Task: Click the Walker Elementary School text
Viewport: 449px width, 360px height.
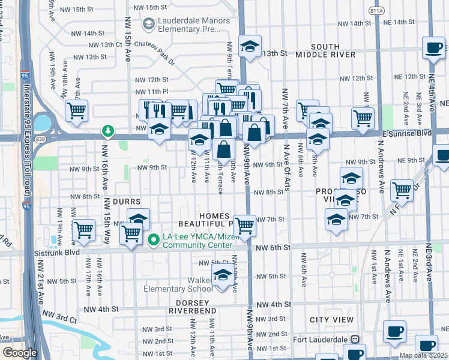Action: click(178, 284)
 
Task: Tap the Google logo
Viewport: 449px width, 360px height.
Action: click(20, 352)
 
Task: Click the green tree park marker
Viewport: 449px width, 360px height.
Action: click(107, 130)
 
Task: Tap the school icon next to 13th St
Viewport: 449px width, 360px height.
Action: click(249, 46)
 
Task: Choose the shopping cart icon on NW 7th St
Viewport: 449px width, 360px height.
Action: click(244, 225)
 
